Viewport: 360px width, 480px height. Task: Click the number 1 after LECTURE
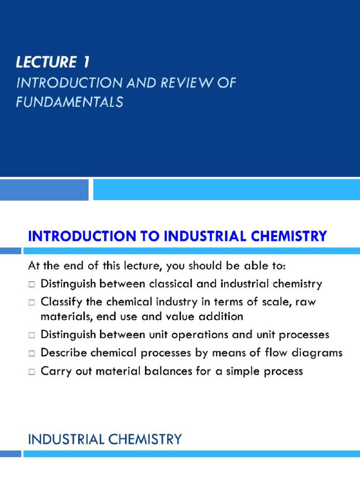[x=85, y=62]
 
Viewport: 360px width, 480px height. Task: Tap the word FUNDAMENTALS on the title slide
[x=69, y=102]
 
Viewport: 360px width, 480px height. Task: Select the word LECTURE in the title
[x=45, y=62]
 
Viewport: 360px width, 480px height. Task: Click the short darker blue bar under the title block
[x=44, y=189]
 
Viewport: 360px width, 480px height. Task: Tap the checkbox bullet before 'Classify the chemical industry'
[x=31, y=303]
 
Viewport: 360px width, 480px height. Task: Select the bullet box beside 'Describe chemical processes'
[x=31, y=353]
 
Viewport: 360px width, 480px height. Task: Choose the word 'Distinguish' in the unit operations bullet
[x=68, y=335]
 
